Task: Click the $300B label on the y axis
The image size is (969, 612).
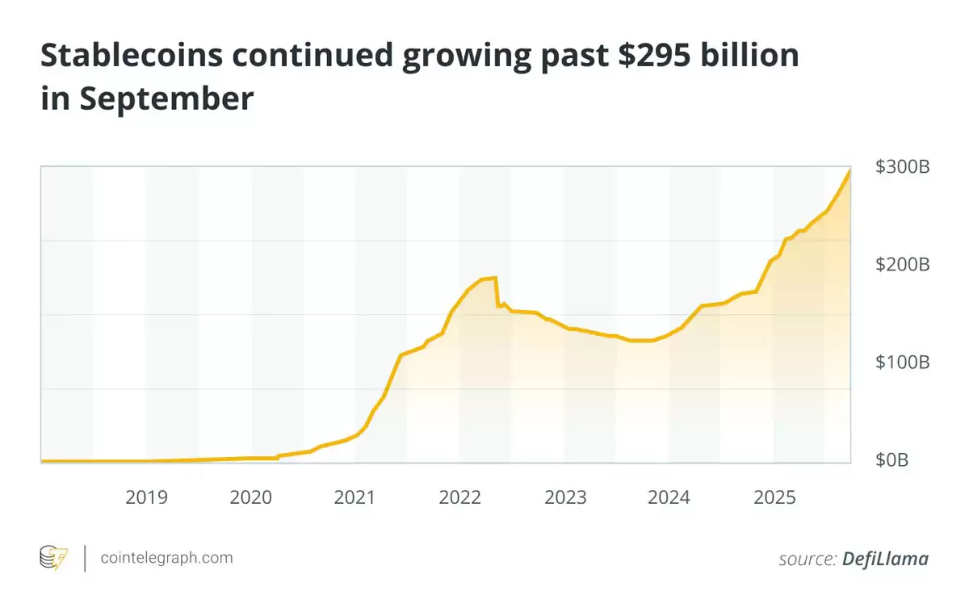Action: coord(902,168)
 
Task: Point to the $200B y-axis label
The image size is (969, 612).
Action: coord(902,265)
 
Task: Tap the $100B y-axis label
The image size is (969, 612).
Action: coord(902,362)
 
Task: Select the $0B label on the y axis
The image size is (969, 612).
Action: coord(891,460)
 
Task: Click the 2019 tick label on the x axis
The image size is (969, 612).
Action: coord(146,497)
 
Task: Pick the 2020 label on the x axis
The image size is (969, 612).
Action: coord(251,497)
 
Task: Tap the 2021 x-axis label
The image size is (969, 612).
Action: coord(355,497)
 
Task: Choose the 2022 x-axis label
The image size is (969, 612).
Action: coord(460,497)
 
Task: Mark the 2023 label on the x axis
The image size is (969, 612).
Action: coord(565,497)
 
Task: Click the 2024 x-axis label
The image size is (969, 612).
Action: coord(669,497)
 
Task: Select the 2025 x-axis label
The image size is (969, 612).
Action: coord(774,497)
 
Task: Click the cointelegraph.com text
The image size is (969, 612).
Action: coord(166,557)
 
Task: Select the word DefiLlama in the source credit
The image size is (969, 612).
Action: coord(885,559)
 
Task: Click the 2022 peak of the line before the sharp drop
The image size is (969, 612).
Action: coord(495,278)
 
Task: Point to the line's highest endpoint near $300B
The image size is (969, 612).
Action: coord(849,170)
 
